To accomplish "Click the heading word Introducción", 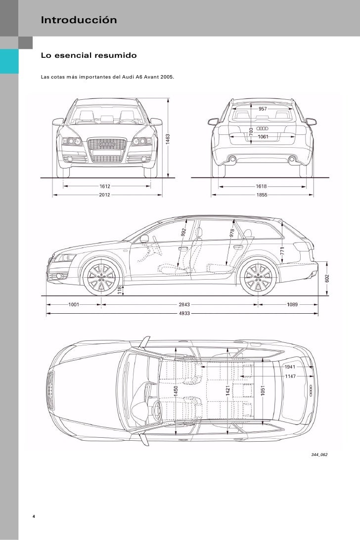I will coord(79,21).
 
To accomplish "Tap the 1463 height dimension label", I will coord(168,139).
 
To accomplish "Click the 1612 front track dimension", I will coord(104,186).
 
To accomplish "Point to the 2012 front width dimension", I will coord(104,195).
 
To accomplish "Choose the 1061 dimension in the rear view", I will coord(263,136).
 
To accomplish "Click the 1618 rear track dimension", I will coord(262,186).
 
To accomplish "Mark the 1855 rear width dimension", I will coord(262,195).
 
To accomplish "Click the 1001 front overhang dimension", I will coord(74,305).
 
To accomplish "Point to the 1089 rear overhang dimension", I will coord(292,305).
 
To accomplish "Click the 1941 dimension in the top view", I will coord(290,367).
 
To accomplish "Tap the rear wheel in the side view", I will coord(257,278).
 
